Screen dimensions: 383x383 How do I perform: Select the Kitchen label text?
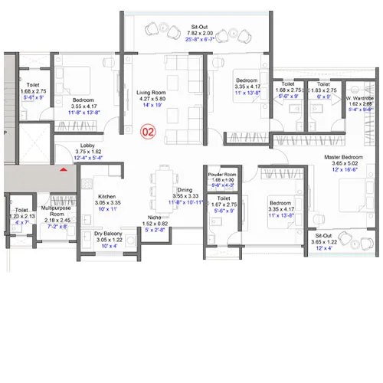tap(106, 195)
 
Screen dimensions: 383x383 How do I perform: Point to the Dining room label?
tap(185, 189)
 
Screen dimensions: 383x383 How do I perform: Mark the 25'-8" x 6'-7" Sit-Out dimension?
tap(198, 39)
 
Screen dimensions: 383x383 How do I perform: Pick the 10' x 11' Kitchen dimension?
tap(106, 209)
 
